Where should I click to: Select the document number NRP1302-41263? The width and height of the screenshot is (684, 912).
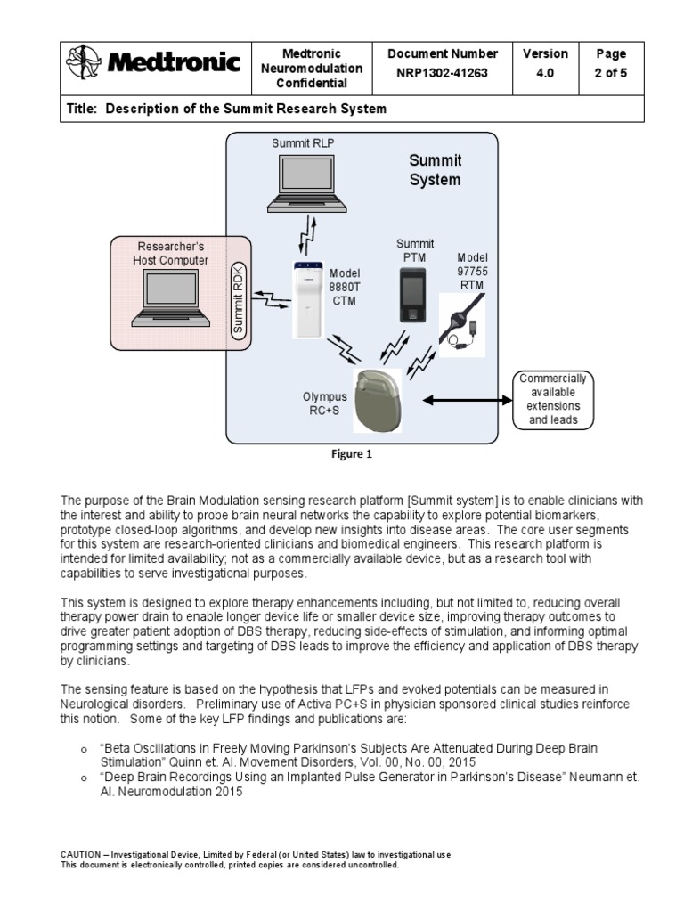coord(443,74)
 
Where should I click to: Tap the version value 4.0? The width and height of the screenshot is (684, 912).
coord(545,74)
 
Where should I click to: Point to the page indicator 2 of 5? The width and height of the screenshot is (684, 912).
coord(610,74)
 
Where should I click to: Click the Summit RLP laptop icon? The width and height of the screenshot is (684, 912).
coord(305,182)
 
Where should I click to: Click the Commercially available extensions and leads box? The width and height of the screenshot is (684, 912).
coord(552,400)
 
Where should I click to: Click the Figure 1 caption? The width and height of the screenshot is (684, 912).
coord(352,454)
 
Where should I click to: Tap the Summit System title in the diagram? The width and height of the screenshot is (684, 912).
coord(435,170)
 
